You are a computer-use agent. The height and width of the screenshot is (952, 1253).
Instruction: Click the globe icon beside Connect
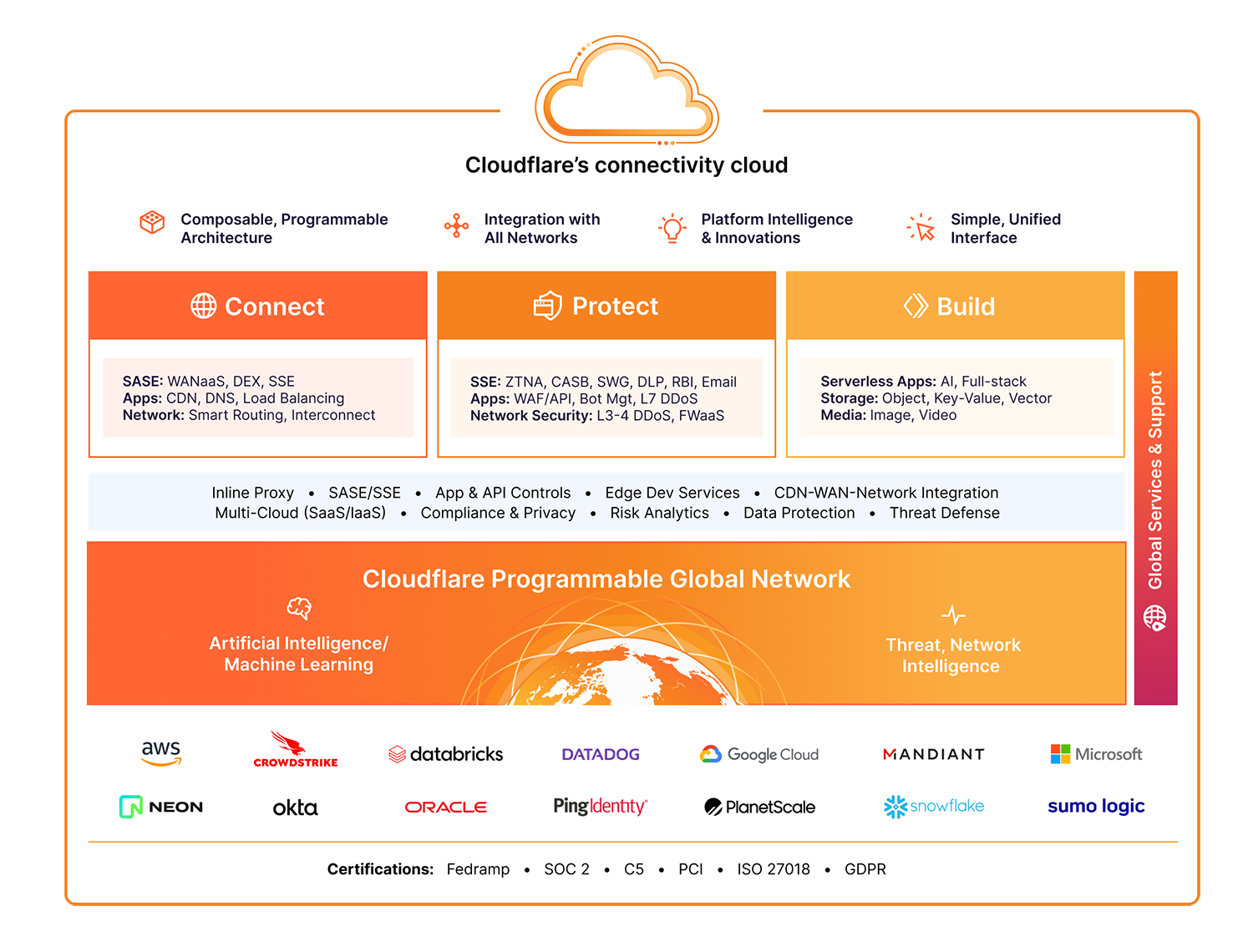click(203, 306)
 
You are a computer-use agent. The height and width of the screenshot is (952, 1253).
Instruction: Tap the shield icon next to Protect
click(547, 306)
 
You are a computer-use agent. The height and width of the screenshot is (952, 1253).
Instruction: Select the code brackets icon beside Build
click(916, 306)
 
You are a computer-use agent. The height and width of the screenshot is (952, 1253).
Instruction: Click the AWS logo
click(161, 752)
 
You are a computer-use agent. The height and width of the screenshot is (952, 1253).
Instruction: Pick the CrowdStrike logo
click(295, 751)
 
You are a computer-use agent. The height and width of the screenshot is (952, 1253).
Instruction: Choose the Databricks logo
click(446, 754)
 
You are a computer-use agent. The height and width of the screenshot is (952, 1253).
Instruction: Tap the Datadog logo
click(601, 754)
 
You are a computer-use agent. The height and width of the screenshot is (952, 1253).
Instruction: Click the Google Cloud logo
click(759, 754)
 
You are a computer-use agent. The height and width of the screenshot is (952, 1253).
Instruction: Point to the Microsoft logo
click(1096, 754)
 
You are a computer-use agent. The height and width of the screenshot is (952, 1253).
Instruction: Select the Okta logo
click(295, 808)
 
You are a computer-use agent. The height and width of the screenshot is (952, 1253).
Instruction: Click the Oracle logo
click(446, 808)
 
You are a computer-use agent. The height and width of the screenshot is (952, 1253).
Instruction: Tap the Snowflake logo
click(934, 807)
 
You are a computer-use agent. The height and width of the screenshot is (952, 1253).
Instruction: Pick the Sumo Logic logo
click(1096, 807)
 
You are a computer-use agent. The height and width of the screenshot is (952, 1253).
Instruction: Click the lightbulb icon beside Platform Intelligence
click(672, 228)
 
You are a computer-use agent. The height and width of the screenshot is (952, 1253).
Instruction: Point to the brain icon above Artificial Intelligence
click(299, 608)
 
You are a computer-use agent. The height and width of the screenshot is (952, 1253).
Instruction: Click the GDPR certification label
click(865, 869)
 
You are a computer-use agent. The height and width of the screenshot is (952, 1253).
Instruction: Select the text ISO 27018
click(774, 869)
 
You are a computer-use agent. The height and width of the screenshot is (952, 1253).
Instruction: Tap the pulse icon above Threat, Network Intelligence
click(953, 615)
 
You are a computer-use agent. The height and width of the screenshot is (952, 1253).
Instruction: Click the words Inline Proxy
click(252, 493)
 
